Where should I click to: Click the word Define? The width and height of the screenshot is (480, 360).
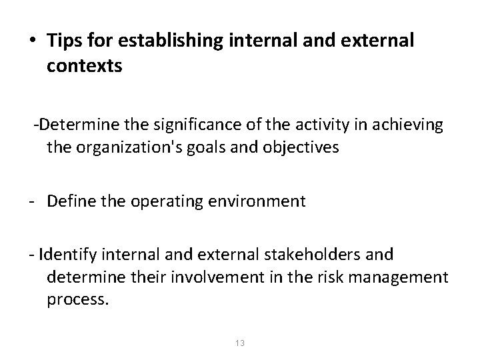click(71, 201)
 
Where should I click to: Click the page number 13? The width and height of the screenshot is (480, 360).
click(240, 343)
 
